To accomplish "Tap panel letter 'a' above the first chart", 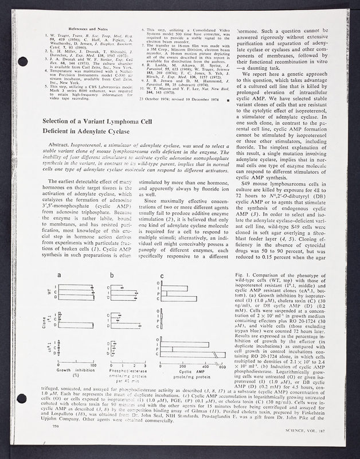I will coord(60,275).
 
